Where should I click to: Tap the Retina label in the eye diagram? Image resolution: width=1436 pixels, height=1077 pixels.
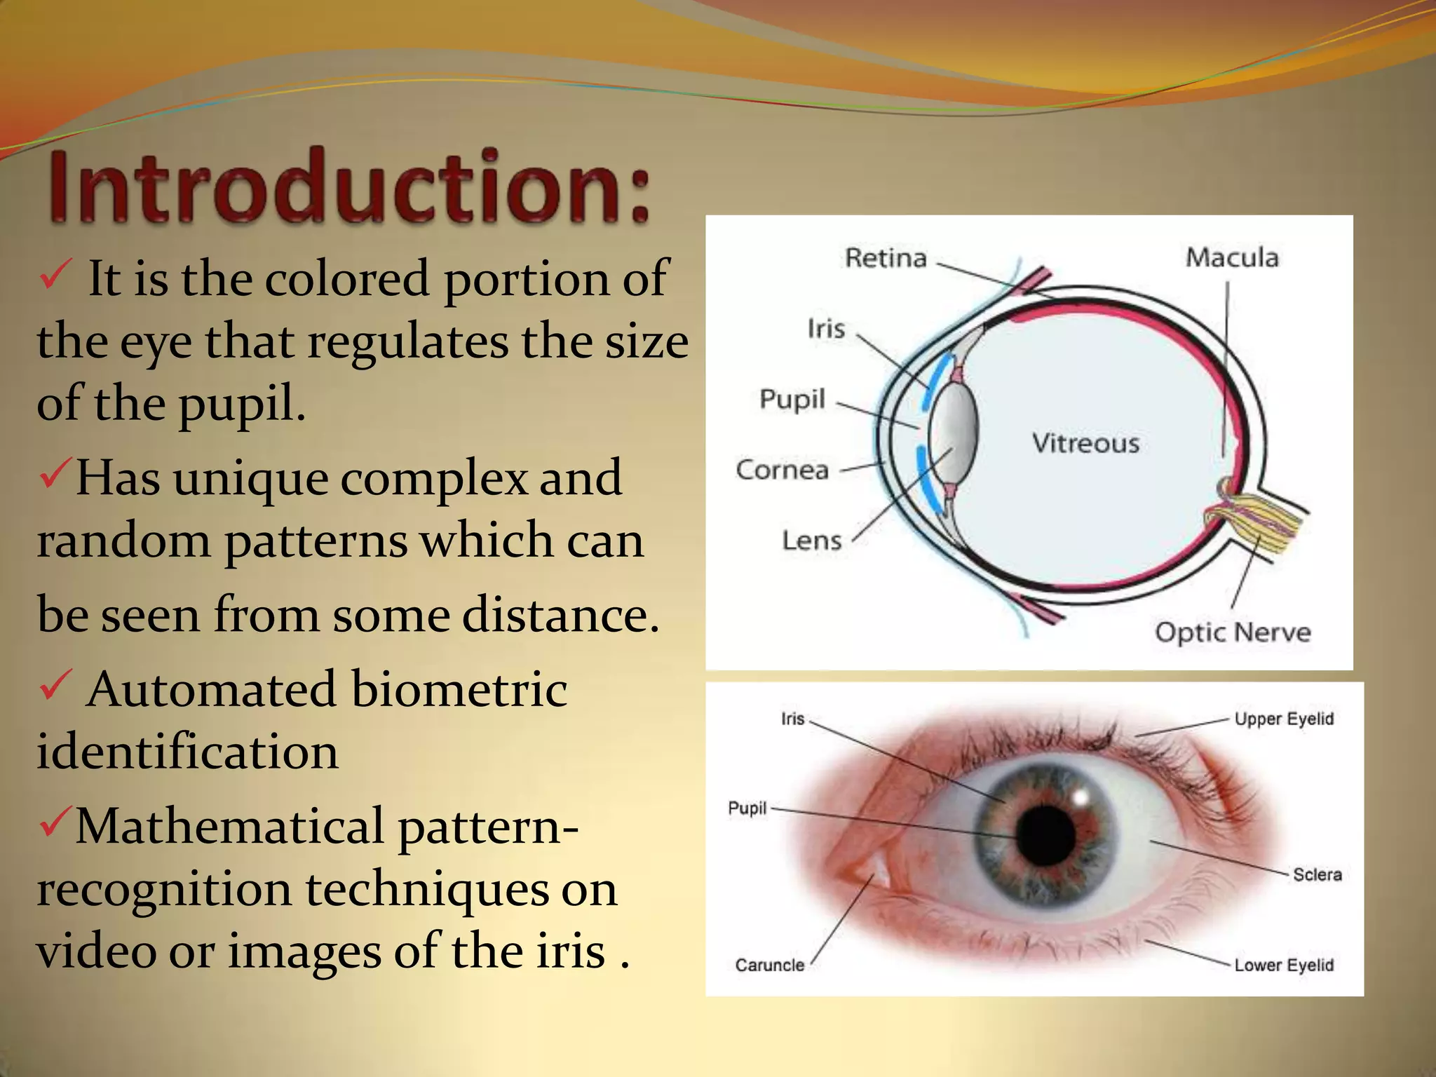(886, 258)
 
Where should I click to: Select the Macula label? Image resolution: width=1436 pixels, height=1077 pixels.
(1232, 257)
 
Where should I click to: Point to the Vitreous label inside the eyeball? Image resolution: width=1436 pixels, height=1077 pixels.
(1085, 443)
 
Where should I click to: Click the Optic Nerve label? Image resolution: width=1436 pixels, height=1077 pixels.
(1233, 632)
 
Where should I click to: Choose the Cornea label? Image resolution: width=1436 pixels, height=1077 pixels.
(782, 470)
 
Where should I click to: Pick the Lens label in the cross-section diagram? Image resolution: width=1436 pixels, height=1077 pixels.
(811, 541)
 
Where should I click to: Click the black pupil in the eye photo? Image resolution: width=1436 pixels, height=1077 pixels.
(1045, 835)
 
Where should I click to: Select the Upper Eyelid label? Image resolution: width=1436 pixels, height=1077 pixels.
(1284, 719)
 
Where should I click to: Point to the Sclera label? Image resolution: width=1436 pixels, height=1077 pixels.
(1317, 874)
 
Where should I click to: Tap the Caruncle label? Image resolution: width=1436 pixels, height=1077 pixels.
(769, 965)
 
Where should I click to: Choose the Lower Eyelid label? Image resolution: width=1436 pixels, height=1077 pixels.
(1284, 965)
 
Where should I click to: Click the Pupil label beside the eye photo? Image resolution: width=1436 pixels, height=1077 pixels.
(747, 808)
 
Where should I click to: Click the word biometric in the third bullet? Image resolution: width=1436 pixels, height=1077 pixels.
(459, 689)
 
